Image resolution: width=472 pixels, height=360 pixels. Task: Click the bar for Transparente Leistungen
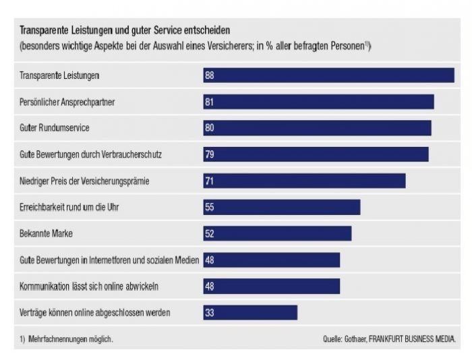(x=328, y=76)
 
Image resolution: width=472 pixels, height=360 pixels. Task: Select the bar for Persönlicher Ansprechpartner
(x=318, y=102)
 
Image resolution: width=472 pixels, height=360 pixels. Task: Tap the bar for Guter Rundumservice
(x=317, y=128)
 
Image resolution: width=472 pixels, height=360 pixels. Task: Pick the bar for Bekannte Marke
(x=277, y=233)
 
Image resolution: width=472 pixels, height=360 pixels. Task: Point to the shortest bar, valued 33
(x=250, y=312)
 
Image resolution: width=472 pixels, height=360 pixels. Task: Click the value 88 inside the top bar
(x=209, y=76)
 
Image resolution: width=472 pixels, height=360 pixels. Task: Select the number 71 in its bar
(x=209, y=181)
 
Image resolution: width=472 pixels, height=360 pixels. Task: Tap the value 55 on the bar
(x=209, y=207)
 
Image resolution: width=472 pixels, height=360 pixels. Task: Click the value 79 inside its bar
(x=209, y=154)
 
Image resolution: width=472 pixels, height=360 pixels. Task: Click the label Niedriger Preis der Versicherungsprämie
(x=84, y=181)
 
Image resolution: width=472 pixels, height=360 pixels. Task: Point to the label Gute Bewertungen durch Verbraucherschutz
(x=90, y=155)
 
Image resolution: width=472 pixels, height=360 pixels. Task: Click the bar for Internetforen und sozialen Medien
(x=271, y=260)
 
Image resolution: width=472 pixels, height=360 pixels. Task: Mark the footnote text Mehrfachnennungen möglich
(x=70, y=338)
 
